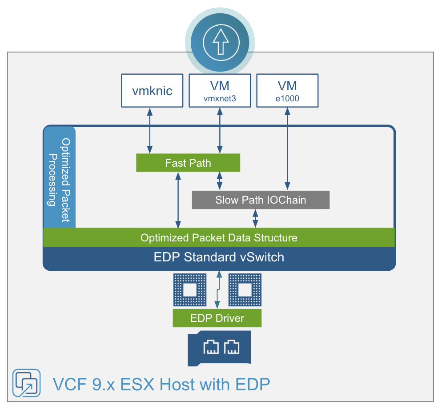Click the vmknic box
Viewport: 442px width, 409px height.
(x=153, y=91)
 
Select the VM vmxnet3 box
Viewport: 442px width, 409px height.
(x=219, y=91)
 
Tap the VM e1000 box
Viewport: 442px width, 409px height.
(x=287, y=91)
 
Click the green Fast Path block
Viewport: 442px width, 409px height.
(x=188, y=163)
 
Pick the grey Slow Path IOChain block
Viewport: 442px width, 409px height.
(x=261, y=200)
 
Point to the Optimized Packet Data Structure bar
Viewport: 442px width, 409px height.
(x=219, y=237)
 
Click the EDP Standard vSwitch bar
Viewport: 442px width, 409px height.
(x=219, y=257)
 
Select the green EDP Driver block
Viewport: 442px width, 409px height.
(x=217, y=318)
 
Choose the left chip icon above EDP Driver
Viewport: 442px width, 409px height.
(x=190, y=290)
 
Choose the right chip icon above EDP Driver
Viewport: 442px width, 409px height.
(x=245, y=290)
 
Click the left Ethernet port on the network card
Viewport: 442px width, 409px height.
(x=211, y=347)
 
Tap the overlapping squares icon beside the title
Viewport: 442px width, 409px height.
(x=26, y=383)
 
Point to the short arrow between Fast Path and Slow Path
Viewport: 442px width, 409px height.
(x=219, y=181)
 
